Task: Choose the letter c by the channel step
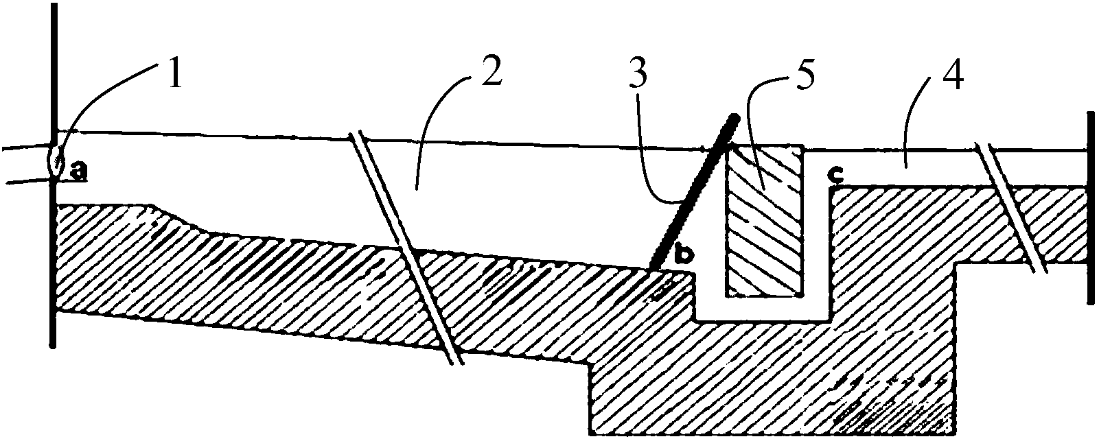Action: point(833,175)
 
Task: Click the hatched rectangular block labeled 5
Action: point(765,221)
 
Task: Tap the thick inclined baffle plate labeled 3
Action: point(693,191)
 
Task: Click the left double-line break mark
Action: point(406,248)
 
